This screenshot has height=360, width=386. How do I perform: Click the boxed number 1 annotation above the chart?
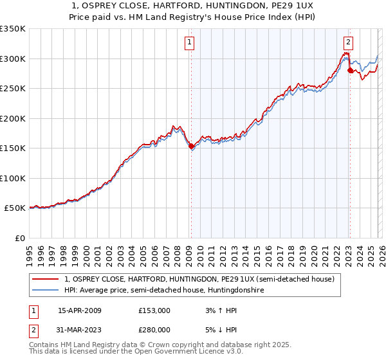190,43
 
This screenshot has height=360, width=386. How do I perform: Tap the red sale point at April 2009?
191,147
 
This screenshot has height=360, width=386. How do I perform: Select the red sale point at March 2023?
350,71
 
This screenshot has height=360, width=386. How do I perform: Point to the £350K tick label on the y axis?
13,29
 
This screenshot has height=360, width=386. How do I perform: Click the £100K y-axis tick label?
13,179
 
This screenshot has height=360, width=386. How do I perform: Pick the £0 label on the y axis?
19,239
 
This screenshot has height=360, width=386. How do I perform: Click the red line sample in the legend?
46,280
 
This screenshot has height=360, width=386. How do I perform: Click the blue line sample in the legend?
46,291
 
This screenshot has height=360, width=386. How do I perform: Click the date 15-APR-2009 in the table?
80,310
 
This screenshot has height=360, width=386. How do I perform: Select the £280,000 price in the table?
154,330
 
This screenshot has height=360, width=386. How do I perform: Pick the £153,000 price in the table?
154,310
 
